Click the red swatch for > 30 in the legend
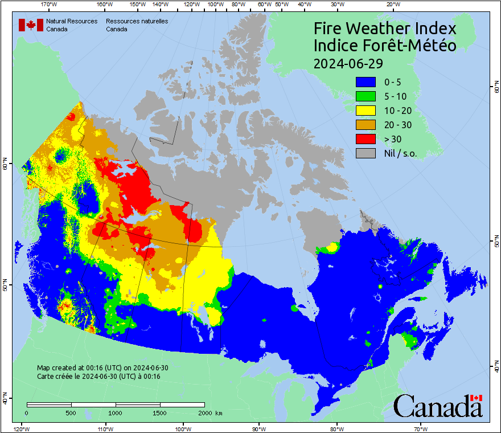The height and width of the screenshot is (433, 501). tap(366, 138)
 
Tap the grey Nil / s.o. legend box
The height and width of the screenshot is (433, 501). tap(366, 153)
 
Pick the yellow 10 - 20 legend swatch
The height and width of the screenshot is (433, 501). tap(366, 111)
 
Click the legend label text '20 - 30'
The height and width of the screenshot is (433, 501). tap(397, 125)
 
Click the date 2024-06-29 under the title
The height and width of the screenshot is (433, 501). tap(348, 62)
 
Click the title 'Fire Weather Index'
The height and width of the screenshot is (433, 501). tap(385, 28)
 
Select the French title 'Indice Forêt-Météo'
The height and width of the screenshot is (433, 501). tap(385, 46)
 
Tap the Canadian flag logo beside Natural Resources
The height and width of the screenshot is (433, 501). tap(31, 24)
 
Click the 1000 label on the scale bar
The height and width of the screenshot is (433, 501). tap(116, 412)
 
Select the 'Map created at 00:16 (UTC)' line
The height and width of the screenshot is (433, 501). tap(102, 368)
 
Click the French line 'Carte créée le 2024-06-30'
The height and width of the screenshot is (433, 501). tap(98, 377)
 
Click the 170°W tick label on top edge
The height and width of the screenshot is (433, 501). tap(50, 5)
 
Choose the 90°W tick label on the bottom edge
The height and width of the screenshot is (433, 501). tap(259, 428)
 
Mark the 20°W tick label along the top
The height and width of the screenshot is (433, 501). tap(392, 5)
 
